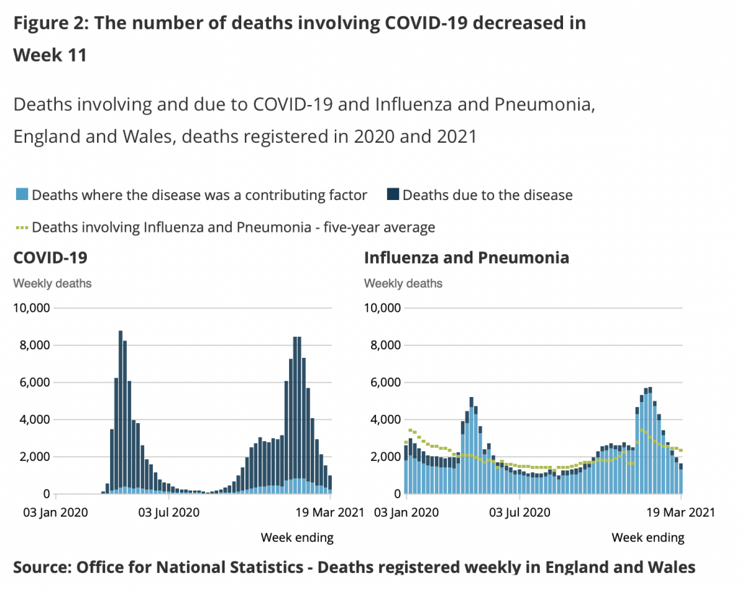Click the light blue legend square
tap(21, 195)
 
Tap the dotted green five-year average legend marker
tap(21, 227)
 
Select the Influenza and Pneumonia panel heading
tap(466, 258)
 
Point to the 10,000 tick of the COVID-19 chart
tap(31, 308)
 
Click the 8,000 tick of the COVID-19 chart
tap(34, 346)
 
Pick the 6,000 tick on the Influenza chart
tap(385, 383)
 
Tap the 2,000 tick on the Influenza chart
tap(385, 457)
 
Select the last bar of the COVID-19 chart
tap(330, 485)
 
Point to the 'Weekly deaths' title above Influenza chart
tap(403, 283)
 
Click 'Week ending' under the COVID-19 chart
tap(297, 538)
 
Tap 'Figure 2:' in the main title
tap(51, 22)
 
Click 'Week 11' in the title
tap(50, 55)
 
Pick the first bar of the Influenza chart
tap(407, 471)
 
